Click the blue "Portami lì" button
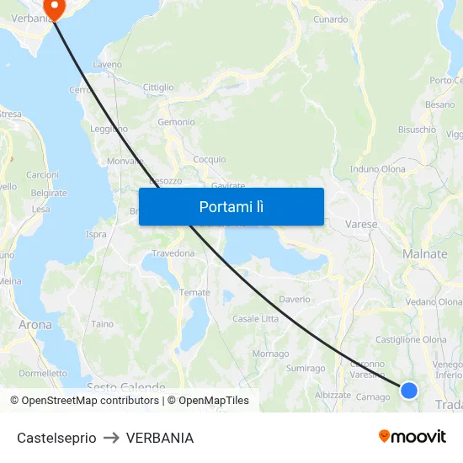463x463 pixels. point(231,206)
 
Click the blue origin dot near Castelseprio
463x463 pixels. point(409,390)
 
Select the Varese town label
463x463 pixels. point(361,225)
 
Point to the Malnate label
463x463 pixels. point(425,254)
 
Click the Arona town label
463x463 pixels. point(35,324)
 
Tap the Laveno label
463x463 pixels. point(107,64)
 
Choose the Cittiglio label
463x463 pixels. point(158,87)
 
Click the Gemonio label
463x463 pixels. point(176,122)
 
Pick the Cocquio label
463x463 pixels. point(210,159)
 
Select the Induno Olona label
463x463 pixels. point(377,168)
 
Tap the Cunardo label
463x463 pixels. point(330,19)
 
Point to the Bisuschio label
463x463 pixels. point(417,130)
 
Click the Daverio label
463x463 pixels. point(295,299)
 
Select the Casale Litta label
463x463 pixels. point(255,318)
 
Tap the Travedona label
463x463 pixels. point(173,253)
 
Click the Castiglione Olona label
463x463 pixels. point(411,339)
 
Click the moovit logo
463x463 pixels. point(412,437)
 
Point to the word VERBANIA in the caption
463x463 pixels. point(160,438)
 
